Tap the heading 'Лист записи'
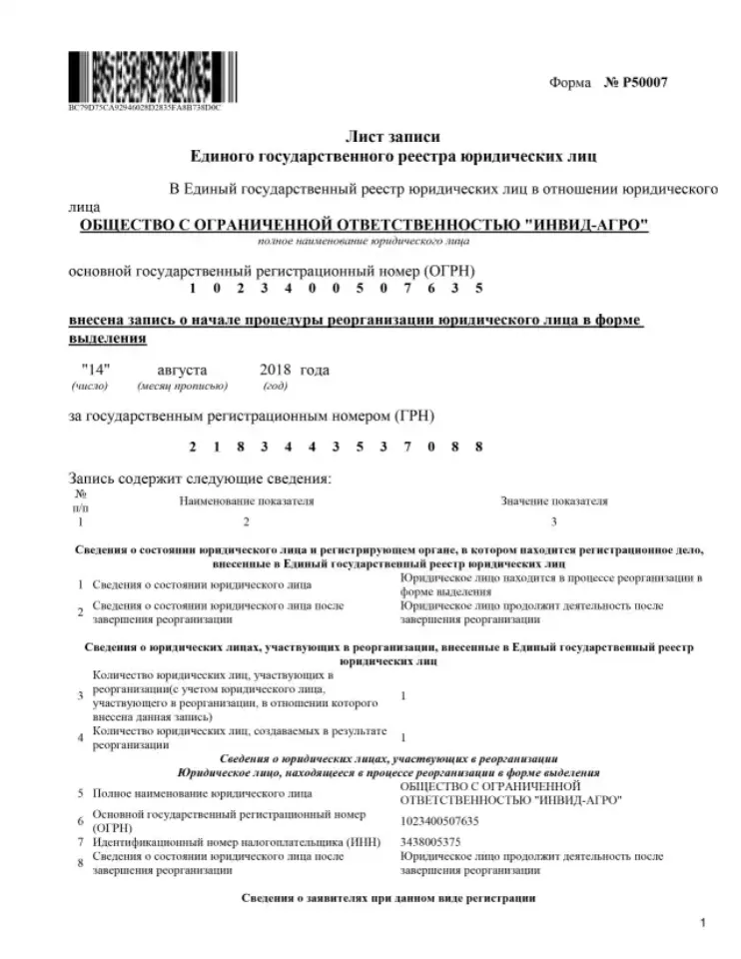[x=392, y=137]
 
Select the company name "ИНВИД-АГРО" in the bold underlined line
[x=589, y=225]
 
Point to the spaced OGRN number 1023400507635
[x=337, y=289]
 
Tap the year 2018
[x=276, y=370]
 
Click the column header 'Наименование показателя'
[x=247, y=500]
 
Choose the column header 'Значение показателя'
[x=554, y=500]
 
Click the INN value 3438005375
[x=429, y=841]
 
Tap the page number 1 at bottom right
[x=702, y=923]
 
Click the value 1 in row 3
[x=402, y=695]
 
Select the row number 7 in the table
[x=80, y=841]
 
